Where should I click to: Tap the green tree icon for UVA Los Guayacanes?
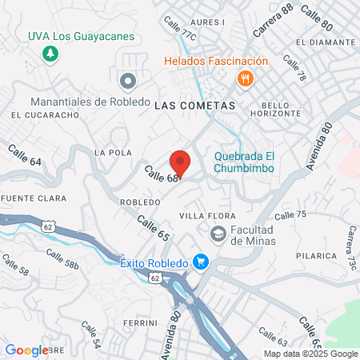point(50,54)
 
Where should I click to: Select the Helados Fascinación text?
point(216,61)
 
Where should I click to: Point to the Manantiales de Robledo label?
point(90,102)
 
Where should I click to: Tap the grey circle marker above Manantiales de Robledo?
point(127,81)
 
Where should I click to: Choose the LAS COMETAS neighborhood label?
point(194,106)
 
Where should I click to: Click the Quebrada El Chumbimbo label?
point(244,162)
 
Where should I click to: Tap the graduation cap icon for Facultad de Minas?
point(217,234)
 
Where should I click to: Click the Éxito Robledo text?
point(154,262)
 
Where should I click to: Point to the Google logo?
point(26,350)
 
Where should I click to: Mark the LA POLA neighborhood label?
point(112,152)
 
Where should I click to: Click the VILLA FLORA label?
point(207,216)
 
